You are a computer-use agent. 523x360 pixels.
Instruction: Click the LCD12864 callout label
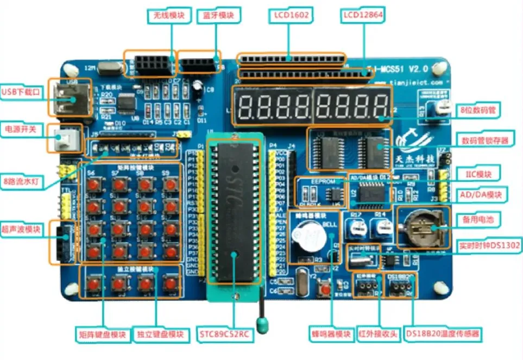(363, 15)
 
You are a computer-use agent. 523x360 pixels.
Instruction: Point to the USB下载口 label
(21, 92)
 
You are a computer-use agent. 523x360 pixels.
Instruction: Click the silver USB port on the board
(64, 98)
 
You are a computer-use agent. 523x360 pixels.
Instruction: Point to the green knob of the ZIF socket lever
(262, 324)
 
